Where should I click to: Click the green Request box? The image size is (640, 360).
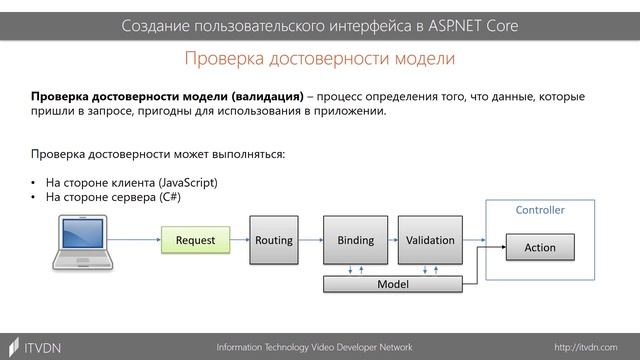[195, 240]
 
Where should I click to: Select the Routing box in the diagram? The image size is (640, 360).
[273, 240]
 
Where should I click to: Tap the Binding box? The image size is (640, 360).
[355, 240]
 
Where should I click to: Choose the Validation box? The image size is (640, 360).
[430, 240]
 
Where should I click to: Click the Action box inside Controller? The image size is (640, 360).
[540, 247]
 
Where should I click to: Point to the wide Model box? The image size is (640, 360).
[392, 285]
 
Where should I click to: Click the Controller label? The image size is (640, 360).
[540, 211]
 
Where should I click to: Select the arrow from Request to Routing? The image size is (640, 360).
[238, 241]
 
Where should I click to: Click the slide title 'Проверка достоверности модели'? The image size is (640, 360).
[320, 59]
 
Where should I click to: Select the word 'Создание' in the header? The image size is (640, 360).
[156, 24]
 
